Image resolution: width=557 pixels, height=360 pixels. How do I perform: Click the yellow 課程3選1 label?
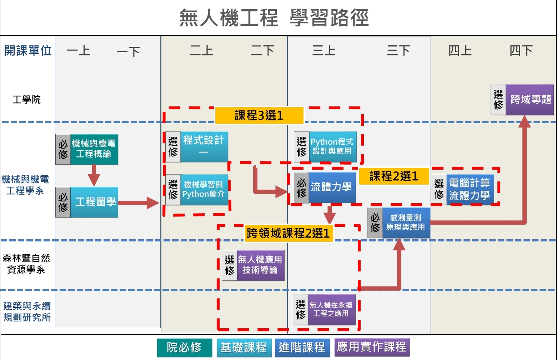pos(259,115)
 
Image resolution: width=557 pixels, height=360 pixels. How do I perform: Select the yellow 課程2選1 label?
pos(393,176)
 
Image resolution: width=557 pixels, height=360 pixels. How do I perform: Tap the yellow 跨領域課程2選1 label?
pos(288,233)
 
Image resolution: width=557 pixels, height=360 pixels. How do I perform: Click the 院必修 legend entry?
pos(184,347)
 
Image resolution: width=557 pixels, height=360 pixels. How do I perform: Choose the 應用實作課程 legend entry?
pos(372,347)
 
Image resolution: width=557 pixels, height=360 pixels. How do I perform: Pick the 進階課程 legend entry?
pos(302,347)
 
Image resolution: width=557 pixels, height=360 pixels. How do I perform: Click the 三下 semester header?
pos(398,51)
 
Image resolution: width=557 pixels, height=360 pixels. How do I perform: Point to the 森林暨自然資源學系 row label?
pos(26,264)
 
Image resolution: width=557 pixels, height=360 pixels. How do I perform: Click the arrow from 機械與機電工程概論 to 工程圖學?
pos(94,175)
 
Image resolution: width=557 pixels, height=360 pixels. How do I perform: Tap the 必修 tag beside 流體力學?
pos(301,187)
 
